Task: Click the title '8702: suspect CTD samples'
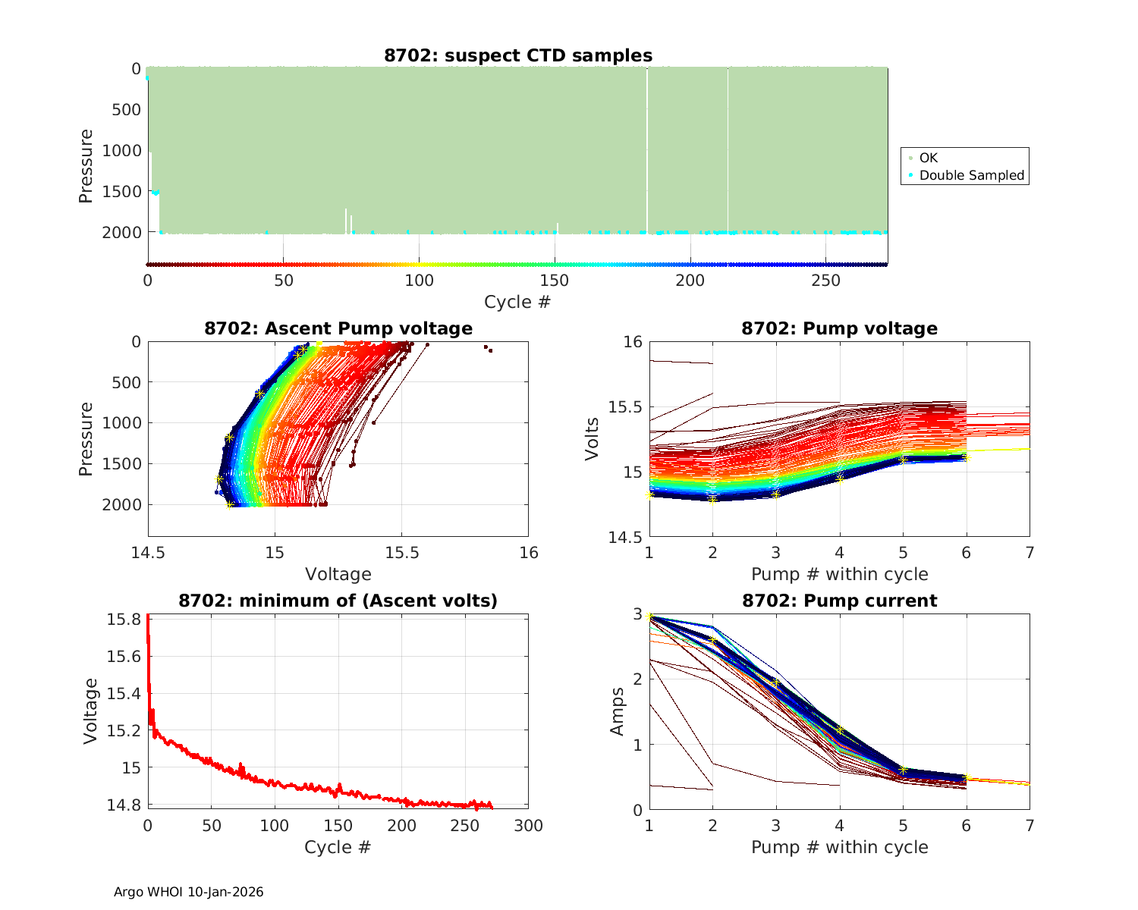tap(518, 55)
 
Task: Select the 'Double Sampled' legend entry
tap(972, 175)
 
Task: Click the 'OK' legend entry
tap(929, 158)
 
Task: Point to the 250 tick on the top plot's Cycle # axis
tap(826, 281)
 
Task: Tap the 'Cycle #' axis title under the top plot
tap(517, 302)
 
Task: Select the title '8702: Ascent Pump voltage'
tap(338, 328)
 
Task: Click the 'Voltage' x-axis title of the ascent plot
tap(338, 574)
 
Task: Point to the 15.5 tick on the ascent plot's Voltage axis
tap(402, 553)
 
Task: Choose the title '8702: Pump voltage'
tap(839, 328)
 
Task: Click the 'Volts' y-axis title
tap(592, 439)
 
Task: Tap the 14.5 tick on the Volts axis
tap(625, 538)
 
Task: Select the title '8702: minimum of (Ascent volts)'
tap(338, 601)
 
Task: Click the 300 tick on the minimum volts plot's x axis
tap(529, 826)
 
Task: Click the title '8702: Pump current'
tap(839, 601)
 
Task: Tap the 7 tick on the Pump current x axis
tap(1030, 825)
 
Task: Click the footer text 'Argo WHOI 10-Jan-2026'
tap(189, 892)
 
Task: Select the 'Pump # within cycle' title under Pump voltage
tap(839, 574)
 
